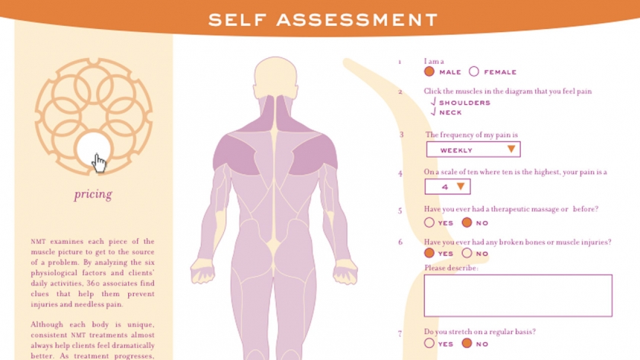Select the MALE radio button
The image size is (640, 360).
click(x=429, y=72)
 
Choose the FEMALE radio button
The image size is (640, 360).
click(x=473, y=72)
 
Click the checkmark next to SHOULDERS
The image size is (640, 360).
click(x=433, y=102)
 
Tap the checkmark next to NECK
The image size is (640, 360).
click(x=433, y=112)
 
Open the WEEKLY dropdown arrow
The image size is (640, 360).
click(x=511, y=150)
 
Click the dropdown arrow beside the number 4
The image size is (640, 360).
click(x=461, y=187)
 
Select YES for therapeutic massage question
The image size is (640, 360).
click(x=429, y=222)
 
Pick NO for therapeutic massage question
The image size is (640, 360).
click(x=467, y=222)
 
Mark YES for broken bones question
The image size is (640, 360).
click(x=429, y=253)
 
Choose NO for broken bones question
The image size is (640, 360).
click(x=467, y=253)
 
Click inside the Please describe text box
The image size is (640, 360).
click(x=518, y=295)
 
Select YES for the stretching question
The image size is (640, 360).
click(x=429, y=344)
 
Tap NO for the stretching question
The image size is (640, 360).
click(x=467, y=344)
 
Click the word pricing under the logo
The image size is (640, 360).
click(x=93, y=194)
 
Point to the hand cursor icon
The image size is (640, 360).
click(x=98, y=164)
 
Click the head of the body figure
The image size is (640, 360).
click(x=275, y=77)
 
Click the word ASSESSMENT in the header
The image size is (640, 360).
click(x=356, y=19)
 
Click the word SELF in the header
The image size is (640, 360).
click(x=237, y=19)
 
